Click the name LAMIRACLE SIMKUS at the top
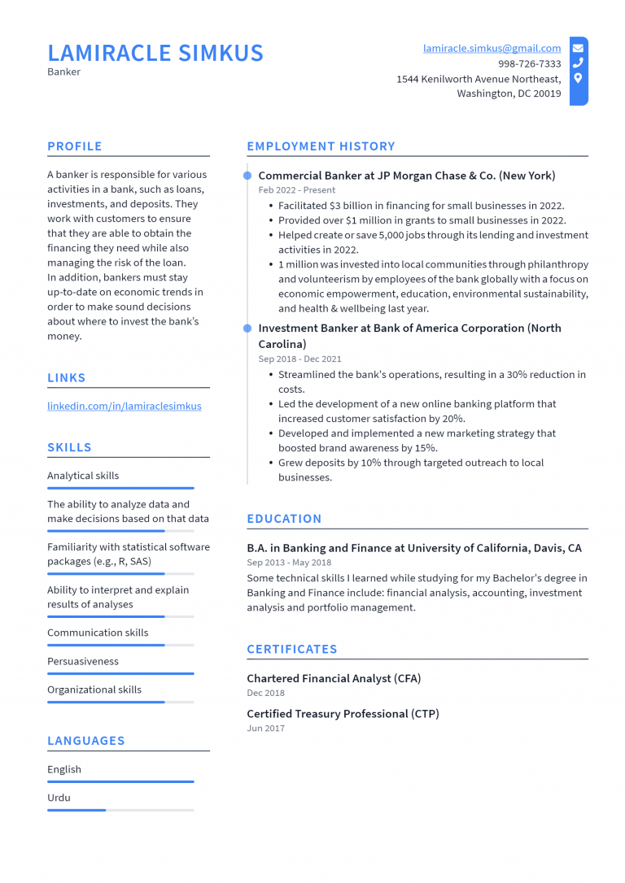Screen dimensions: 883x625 [155, 53]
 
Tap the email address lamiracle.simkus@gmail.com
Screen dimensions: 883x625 [492, 49]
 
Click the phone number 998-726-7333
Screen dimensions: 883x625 [529, 63]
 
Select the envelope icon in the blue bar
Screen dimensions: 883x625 [578, 48]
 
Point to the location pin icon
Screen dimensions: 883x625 [578, 79]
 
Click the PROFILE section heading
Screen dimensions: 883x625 [75, 146]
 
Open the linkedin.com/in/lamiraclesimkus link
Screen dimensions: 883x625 [124, 406]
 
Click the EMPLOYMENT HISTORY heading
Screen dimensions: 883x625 [321, 146]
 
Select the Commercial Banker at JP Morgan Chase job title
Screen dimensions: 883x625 [406, 176]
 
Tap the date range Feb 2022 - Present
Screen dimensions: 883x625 [296, 190]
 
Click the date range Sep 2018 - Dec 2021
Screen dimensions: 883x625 [299, 359]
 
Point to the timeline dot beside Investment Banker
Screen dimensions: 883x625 [247, 328]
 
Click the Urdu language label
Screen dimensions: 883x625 [59, 798]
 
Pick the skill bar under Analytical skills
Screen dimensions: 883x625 [120, 488]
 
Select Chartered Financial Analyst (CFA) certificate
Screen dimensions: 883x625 [334, 678]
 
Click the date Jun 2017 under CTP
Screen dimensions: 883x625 [265, 729]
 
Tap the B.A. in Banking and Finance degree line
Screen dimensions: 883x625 [414, 548]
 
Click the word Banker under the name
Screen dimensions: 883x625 [63, 72]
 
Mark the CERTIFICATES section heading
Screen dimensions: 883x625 [291, 649]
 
